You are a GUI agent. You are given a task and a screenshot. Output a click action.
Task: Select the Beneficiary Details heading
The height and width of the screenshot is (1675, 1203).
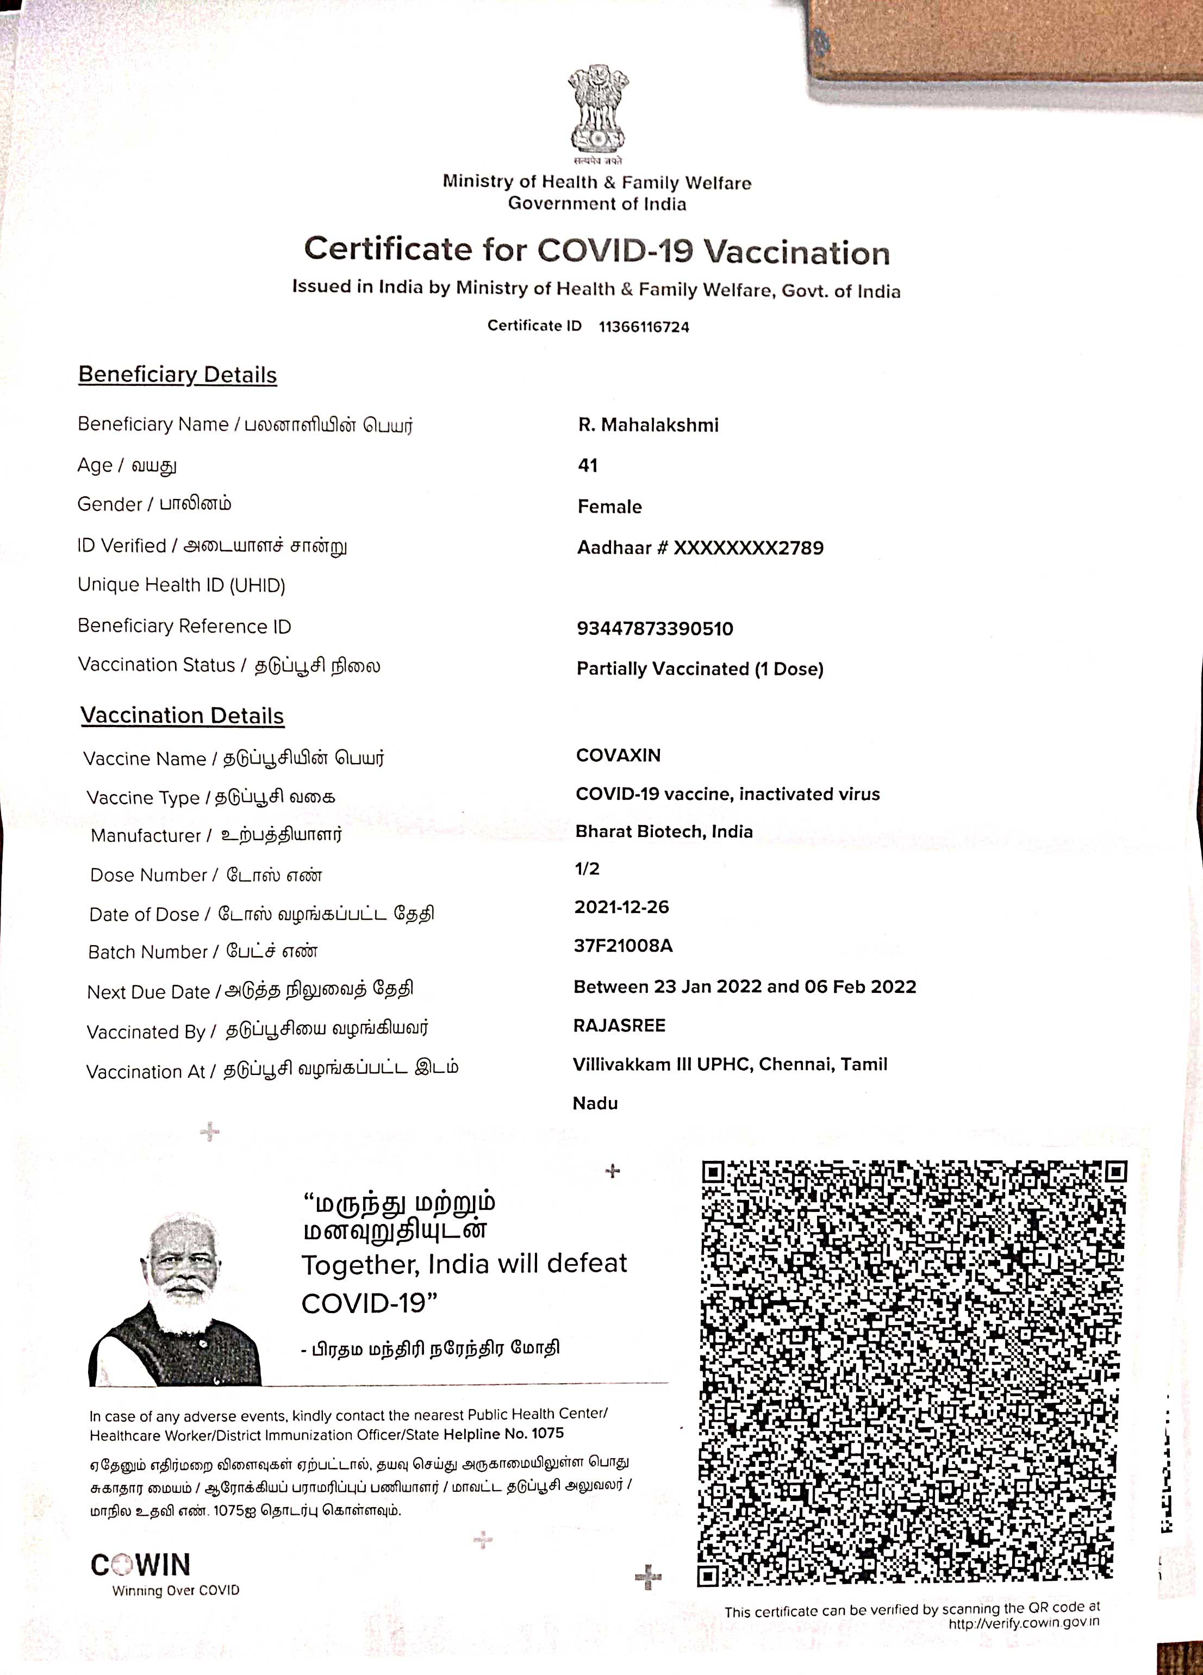click(x=177, y=374)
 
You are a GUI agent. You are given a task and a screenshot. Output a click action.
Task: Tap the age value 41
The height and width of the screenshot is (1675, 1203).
click(x=588, y=465)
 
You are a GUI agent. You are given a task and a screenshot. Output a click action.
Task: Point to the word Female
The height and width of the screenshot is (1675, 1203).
click(x=609, y=507)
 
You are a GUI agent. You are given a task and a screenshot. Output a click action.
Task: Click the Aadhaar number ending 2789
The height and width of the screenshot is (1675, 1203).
click(x=700, y=548)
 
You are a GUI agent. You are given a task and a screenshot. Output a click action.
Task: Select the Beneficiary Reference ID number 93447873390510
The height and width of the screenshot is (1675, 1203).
click(x=655, y=629)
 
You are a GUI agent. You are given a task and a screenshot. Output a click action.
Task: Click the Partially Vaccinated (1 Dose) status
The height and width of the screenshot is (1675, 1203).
click(x=700, y=669)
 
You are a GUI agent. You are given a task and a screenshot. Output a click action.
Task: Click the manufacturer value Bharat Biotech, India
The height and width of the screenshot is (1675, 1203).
click(x=664, y=832)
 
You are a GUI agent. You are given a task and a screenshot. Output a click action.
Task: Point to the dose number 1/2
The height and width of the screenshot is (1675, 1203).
click(x=587, y=869)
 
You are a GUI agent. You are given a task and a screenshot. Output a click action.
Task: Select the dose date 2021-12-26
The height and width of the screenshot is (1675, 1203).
click(x=622, y=908)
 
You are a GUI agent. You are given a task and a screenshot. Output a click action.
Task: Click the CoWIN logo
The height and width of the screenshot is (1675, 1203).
click(x=140, y=1565)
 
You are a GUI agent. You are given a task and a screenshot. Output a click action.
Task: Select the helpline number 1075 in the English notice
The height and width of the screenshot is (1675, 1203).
click(x=547, y=1434)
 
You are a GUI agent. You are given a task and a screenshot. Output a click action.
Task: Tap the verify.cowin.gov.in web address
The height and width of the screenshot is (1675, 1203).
click(x=1024, y=1623)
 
